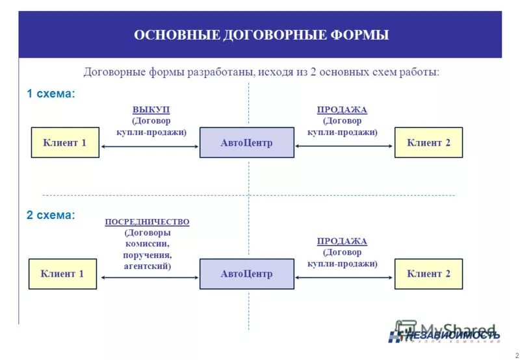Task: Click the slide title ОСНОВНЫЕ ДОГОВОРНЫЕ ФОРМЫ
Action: [261, 35]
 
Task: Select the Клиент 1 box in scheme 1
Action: [65, 142]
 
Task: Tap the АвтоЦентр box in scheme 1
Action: [246, 142]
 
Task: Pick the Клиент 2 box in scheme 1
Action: [428, 142]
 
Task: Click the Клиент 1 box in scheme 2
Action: [62, 274]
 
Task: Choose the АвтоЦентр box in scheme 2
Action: [246, 274]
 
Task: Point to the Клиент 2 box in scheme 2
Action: [428, 274]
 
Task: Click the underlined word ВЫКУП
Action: [151, 110]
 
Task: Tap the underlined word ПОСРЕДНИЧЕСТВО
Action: [147, 222]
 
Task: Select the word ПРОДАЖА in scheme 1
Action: [342, 110]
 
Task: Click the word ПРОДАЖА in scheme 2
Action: [342, 241]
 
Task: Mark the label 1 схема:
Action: [51, 94]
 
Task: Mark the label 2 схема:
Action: [51, 214]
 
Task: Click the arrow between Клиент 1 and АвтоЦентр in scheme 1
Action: [149, 147]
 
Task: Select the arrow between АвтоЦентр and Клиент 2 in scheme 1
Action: [344, 147]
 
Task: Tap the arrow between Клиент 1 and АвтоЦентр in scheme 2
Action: [148, 277]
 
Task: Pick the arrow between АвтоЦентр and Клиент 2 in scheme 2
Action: [344, 277]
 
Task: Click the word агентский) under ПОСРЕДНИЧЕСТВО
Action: [147, 266]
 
